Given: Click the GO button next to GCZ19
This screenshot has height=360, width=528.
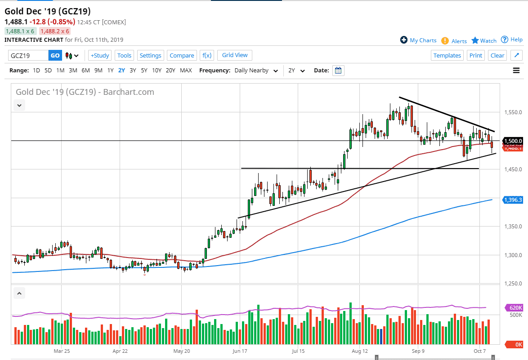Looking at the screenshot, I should (55, 55).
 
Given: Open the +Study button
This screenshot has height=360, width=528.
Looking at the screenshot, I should (99, 55).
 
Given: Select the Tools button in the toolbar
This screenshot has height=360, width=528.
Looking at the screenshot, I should (124, 55).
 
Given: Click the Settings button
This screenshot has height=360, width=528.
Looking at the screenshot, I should (150, 55).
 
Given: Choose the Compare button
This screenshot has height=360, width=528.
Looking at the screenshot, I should (182, 55).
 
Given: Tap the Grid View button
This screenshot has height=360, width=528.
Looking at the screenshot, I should (235, 55).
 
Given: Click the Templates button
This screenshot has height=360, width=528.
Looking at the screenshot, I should (447, 55).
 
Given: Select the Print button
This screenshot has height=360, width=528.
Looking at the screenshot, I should (475, 55).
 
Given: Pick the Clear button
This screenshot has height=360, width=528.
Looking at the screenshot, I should (497, 55).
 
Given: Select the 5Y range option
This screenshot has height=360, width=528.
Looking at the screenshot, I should (144, 71).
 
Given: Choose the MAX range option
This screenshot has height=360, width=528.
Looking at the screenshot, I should (186, 71).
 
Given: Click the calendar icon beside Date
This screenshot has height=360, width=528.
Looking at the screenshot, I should (338, 71).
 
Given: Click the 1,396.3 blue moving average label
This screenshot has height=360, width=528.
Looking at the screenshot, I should (513, 200).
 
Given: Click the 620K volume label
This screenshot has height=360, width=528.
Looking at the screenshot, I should (515, 307).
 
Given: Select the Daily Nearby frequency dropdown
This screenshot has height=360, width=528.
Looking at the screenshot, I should (255, 71).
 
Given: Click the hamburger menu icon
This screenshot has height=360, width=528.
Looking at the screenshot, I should (516, 71).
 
